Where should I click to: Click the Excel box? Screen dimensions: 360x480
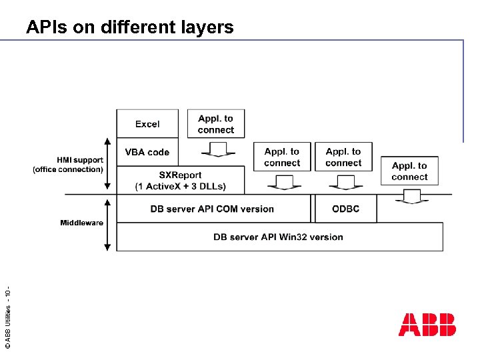pyautogui.click(x=147, y=124)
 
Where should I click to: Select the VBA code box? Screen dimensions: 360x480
pyautogui.click(x=147, y=152)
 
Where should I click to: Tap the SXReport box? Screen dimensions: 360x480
pyautogui.click(x=181, y=180)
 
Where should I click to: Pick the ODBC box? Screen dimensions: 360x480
pyautogui.click(x=345, y=209)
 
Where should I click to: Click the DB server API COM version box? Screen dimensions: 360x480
pyautogui.click(x=212, y=209)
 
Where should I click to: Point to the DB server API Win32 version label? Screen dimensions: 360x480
pyautogui.click(x=278, y=237)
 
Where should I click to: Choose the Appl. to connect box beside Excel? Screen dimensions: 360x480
pyautogui.click(x=216, y=124)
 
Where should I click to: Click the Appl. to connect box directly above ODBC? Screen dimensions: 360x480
pyautogui.click(x=343, y=157)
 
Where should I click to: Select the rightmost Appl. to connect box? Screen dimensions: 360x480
pyautogui.click(x=409, y=171)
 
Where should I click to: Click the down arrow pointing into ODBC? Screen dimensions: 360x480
pyautogui.click(x=345, y=182)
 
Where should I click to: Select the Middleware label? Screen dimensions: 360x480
pyautogui.click(x=81, y=222)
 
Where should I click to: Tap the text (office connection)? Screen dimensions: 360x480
pyautogui.click(x=68, y=169)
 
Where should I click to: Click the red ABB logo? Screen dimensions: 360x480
pyautogui.click(x=427, y=325)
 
